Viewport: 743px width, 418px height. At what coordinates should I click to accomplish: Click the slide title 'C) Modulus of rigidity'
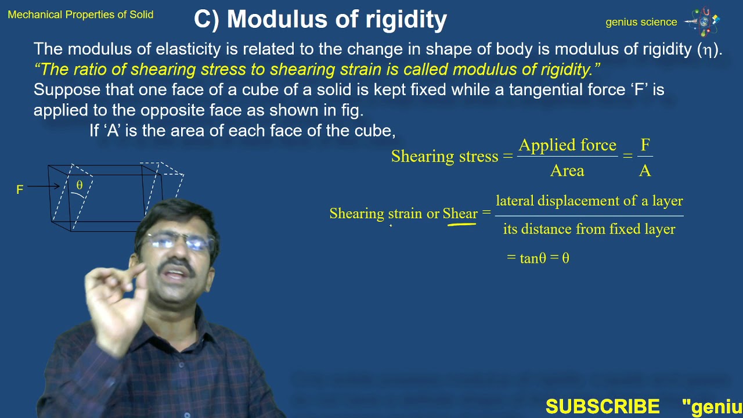(x=320, y=20)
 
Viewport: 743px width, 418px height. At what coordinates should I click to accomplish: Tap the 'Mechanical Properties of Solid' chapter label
(x=81, y=15)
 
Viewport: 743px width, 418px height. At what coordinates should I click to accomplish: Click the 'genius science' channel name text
(x=641, y=22)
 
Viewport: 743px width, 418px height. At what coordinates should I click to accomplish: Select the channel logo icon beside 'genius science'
(x=704, y=21)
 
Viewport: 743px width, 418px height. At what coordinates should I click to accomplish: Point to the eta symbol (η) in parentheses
(x=708, y=50)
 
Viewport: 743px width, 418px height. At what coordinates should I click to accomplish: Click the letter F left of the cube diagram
(x=20, y=190)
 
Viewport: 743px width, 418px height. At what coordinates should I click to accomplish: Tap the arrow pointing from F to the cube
(x=43, y=186)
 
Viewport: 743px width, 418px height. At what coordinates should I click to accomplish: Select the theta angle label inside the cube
(x=80, y=185)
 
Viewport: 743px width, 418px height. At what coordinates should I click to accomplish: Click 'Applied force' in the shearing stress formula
(x=567, y=145)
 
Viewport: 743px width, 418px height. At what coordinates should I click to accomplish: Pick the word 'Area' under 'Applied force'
(x=567, y=171)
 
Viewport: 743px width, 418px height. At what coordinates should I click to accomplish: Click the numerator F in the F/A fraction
(x=645, y=145)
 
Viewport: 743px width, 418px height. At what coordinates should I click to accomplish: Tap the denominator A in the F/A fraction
(x=645, y=171)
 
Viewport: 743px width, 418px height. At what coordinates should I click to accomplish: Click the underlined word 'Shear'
(x=460, y=214)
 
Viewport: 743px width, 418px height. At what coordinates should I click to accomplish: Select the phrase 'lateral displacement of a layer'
(x=589, y=201)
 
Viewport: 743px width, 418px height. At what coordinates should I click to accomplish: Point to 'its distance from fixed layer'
(x=589, y=229)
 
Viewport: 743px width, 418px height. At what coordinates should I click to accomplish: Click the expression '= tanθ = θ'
(x=538, y=258)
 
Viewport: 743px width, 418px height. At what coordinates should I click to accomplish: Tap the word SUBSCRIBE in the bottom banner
(x=603, y=406)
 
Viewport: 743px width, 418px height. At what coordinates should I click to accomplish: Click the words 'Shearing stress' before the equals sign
(x=445, y=156)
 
